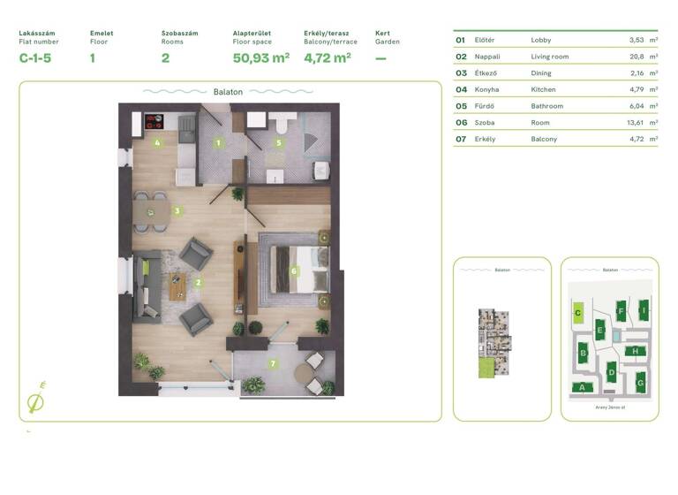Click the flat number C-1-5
click(36, 58)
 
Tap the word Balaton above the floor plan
click(228, 91)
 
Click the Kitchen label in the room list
click(544, 89)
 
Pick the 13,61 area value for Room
click(635, 122)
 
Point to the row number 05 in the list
click(460, 105)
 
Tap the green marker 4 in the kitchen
click(157, 142)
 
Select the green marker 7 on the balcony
click(274, 363)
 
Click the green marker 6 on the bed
click(294, 271)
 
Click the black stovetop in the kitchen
click(154, 123)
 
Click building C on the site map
click(577, 312)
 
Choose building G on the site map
click(641, 384)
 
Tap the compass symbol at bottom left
click(37, 400)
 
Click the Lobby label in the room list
click(541, 40)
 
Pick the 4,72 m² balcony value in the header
click(327, 58)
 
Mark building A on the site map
click(581, 386)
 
